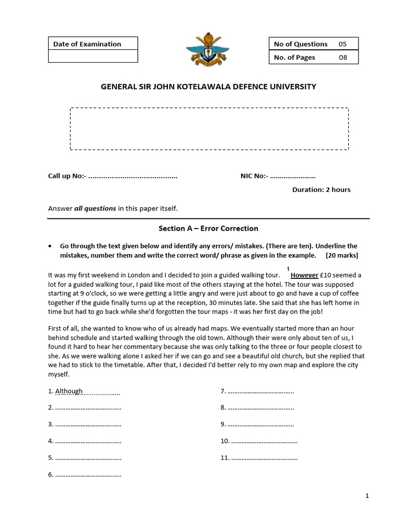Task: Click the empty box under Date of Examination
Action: (93, 57)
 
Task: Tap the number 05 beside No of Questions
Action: (343, 44)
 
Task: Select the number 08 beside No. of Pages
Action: (343, 58)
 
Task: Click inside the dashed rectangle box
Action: (209, 129)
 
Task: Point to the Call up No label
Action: (67, 176)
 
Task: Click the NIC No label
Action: (254, 176)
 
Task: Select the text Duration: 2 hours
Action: (321, 189)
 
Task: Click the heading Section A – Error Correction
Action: (208, 228)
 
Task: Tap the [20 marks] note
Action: (342, 256)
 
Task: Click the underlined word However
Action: (304, 275)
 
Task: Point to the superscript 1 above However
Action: (288, 268)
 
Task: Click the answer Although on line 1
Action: (69, 391)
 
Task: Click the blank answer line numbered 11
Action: (264, 458)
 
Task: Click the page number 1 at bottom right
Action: (367, 496)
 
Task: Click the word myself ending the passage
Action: (58, 374)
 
